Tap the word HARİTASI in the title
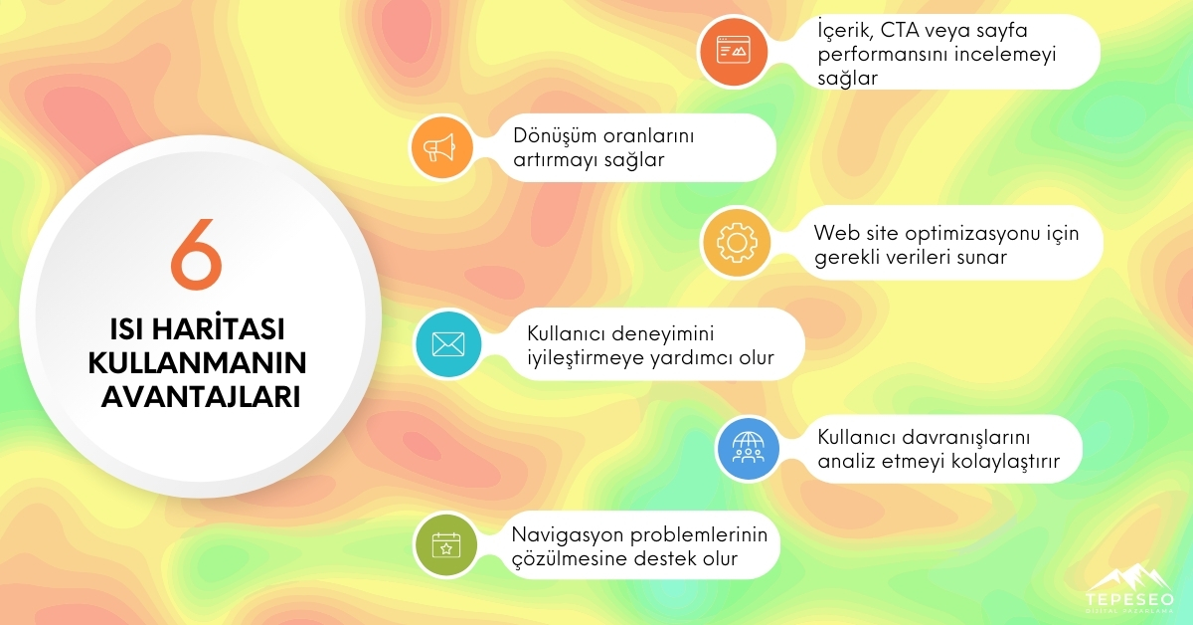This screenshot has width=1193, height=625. point(237,329)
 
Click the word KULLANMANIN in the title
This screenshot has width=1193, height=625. point(197,362)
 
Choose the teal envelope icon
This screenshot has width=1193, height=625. point(448,343)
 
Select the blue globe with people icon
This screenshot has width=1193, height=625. point(751,450)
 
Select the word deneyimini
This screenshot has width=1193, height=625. point(669,334)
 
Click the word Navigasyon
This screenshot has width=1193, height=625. point(565,534)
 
